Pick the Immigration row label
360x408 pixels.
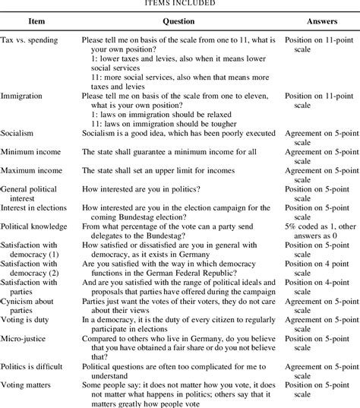(x=22, y=97)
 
